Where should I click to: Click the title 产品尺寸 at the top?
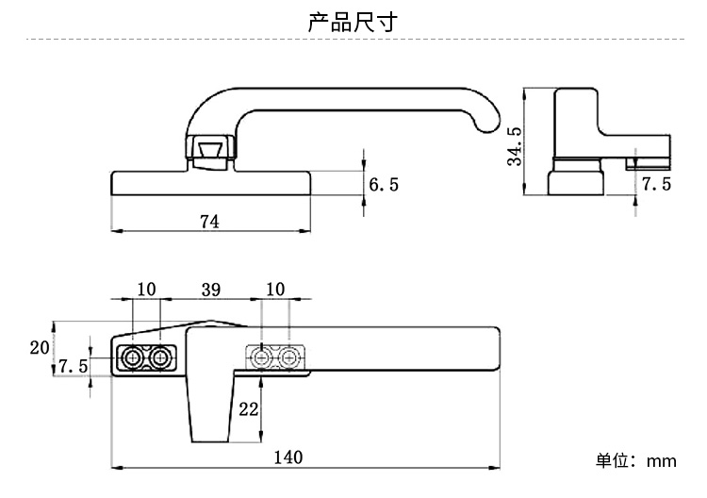(x=353, y=22)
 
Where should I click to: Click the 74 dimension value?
(x=209, y=222)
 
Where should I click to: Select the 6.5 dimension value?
(x=384, y=185)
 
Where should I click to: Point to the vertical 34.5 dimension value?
(x=515, y=146)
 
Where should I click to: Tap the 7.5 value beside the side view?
(x=656, y=184)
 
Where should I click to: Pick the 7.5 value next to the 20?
(x=73, y=366)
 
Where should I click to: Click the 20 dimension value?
(x=40, y=348)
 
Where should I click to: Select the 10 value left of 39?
(x=146, y=290)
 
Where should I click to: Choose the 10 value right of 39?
(x=275, y=290)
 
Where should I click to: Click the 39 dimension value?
(x=211, y=290)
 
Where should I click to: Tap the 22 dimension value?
(x=249, y=409)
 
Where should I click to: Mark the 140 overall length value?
(x=288, y=457)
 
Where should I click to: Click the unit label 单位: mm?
(x=636, y=461)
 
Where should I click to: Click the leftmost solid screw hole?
(x=133, y=358)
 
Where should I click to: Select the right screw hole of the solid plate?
(x=159, y=358)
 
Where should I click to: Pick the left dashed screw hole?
(x=261, y=358)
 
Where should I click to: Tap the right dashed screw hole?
(x=288, y=358)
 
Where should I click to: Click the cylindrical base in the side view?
(x=576, y=176)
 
